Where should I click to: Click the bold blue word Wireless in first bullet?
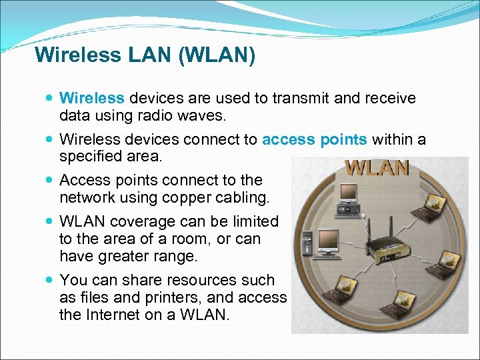tap(92, 99)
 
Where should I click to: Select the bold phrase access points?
tap(315, 139)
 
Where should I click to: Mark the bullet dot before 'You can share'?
tap(51, 280)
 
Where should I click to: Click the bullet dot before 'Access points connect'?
tap(51, 180)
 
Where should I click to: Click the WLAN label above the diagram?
tap(377, 167)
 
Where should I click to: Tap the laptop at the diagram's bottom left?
tap(341, 291)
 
